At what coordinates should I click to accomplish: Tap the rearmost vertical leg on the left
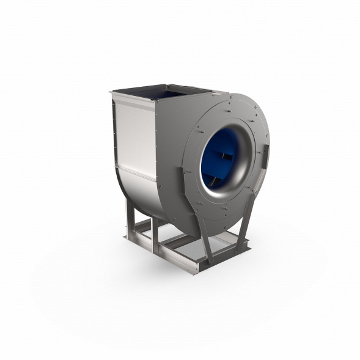point(130,215)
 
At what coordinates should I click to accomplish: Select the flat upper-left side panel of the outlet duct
point(132,131)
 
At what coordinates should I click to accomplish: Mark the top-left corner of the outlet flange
point(112,92)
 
